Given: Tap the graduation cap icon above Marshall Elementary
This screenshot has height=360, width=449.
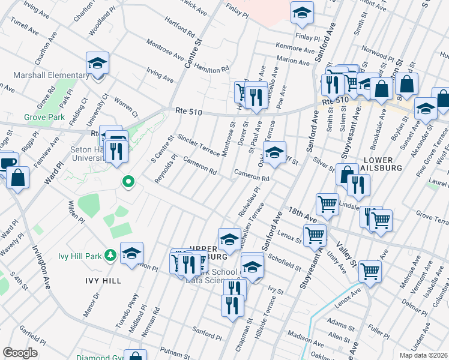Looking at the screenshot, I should point(97,63).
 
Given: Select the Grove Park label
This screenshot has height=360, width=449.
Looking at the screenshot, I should point(44,117).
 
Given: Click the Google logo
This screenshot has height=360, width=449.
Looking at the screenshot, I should point(20,352).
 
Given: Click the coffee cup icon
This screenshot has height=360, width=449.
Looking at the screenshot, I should point(7,162).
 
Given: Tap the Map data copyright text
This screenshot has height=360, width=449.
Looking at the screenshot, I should point(423,355).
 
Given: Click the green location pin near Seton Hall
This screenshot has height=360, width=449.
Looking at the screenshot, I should point(127,181).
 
